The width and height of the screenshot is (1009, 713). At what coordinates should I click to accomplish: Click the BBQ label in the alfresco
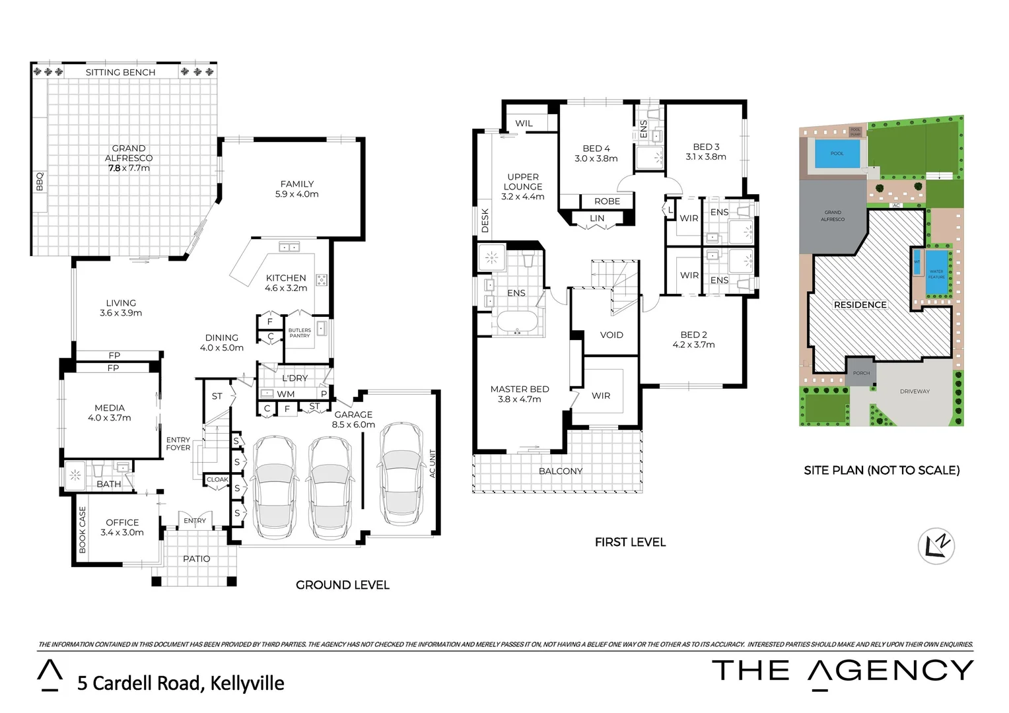(39, 182)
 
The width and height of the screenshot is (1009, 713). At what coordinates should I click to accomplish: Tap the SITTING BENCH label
(120, 72)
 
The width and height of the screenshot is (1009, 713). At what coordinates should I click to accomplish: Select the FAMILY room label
(296, 184)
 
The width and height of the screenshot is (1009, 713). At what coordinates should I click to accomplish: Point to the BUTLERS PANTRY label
(299, 333)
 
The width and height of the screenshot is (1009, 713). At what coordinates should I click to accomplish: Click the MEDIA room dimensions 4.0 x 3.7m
(110, 418)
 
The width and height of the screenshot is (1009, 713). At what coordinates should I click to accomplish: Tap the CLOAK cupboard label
(217, 480)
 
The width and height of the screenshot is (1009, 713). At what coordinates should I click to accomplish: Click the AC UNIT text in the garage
(433, 463)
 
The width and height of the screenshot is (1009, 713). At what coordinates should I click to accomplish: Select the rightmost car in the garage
(401, 471)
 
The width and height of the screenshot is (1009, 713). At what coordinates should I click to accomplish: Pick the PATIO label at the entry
(196, 559)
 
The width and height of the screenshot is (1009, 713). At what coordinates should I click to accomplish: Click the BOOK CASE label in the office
(83, 529)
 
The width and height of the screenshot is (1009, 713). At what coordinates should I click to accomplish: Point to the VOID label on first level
(611, 335)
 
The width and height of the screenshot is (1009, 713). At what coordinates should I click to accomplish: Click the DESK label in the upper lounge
(485, 221)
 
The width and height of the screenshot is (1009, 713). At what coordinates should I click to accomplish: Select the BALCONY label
(560, 471)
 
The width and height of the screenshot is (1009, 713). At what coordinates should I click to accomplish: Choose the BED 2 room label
(693, 335)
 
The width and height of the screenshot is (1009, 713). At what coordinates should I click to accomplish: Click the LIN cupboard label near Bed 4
(596, 218)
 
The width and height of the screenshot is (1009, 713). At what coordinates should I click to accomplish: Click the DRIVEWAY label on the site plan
(914, 391)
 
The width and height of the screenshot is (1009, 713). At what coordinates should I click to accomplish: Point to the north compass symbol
(936, 546)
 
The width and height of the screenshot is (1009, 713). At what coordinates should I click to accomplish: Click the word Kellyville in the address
(247, 683)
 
